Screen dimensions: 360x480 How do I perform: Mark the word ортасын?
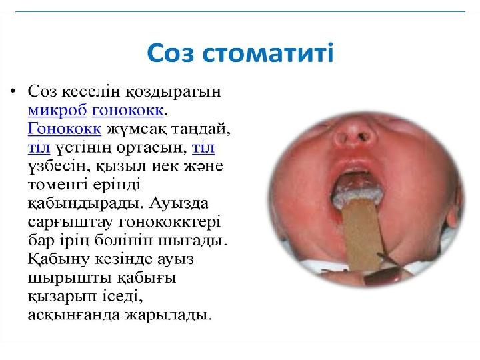tap(153, 145)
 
